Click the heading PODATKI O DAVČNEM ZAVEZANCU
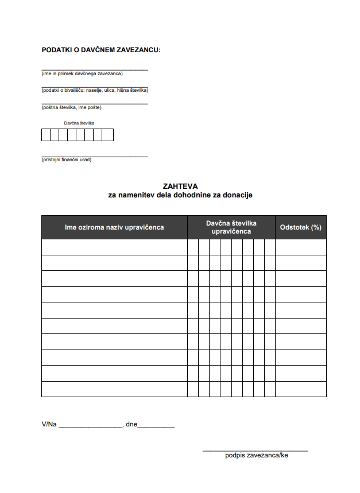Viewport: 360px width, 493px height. coord(101,50)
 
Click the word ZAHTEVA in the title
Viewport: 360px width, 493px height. coord(180,186)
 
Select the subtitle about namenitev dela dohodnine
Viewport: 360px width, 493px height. coord(180,195)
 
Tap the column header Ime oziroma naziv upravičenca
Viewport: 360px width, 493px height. coord(114,227)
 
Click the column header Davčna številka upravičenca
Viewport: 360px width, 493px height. coord(231,227)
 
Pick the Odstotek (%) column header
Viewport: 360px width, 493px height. coord(300,227)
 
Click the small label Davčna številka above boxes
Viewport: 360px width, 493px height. coord(79,123)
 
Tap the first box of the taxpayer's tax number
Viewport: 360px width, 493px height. coord(46,135)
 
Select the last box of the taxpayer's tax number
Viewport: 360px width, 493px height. coord(109,135)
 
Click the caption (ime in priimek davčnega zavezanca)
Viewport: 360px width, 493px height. coord(82,73)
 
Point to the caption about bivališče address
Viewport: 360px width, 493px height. coord(95,90)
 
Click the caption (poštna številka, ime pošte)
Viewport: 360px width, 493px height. coord(71,107)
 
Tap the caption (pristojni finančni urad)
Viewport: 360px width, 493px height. coord(66,160)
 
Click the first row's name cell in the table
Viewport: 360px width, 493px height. coord(114,247)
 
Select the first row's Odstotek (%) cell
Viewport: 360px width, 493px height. coord(300,247)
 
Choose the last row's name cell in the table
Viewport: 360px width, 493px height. coord(114,389)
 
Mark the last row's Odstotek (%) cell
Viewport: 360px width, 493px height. coord(300,389)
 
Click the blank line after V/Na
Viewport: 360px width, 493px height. coord(90,425)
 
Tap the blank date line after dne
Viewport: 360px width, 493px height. coord(156,425)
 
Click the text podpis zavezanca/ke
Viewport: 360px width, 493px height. coord(256,456)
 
